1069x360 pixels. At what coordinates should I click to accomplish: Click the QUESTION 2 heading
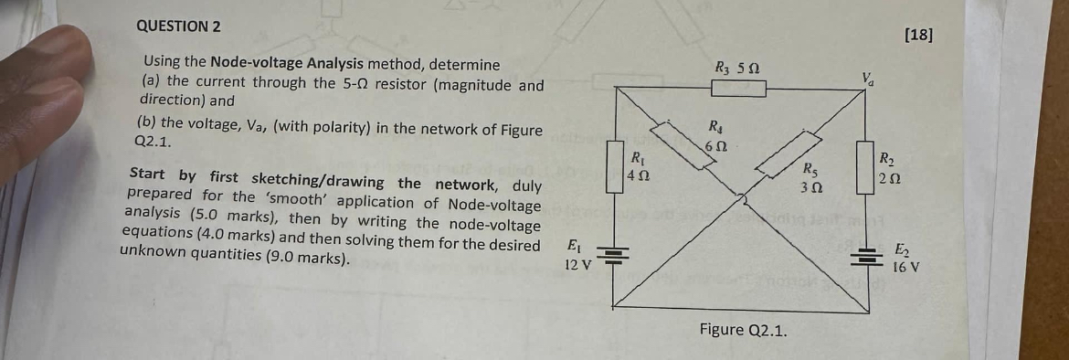[178, 26]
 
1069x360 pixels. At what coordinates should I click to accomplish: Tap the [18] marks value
[918, 36]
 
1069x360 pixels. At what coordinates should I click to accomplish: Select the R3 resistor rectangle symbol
[738, 89]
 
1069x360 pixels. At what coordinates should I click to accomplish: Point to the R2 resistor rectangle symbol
[863, 167]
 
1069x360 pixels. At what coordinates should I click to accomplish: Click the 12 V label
[577, 265]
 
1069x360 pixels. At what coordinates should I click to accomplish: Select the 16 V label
[905, 268]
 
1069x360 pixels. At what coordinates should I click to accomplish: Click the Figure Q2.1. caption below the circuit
[742, 329]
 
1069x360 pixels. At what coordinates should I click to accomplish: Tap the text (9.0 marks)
[311, 259]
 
